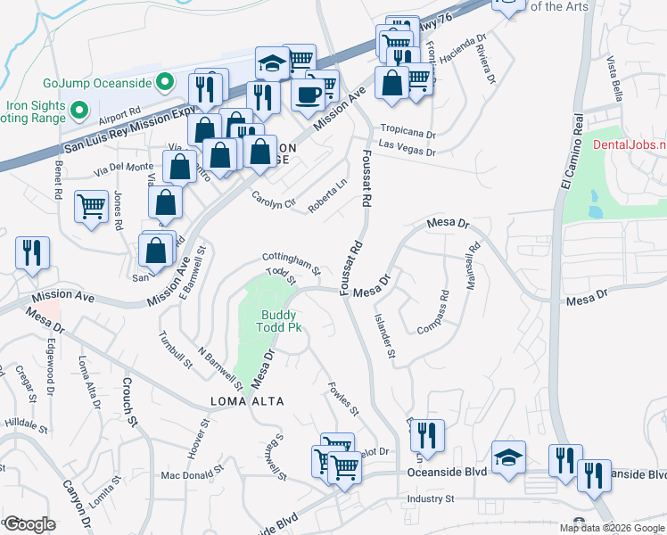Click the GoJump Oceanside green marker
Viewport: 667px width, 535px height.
pyautogui.click(x=164, y=83)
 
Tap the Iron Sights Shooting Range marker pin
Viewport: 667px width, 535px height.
pyautogui.click(x=78, y=111)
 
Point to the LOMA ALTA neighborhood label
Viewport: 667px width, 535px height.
pyautogui.click(x=248, y=401)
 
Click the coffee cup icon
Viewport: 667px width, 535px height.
pyautogui.click(x=308, y=93)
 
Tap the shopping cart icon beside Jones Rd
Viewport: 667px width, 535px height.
pyautogui.click(x=92, y=207)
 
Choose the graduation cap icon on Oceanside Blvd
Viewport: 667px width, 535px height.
pyautogui.click(x=508, y=457)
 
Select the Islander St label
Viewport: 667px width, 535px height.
pyautogui.click(x=384, y=335)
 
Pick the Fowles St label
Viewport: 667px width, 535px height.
pyautogui.click(x=342, y=399)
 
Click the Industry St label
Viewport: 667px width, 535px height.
pyautogui.click(x=432, y=498)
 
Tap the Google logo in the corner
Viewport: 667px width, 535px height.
pyautogui.click(x=30, y=524)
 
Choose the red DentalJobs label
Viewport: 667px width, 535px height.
pyautogui.click(x=629, y=144)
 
